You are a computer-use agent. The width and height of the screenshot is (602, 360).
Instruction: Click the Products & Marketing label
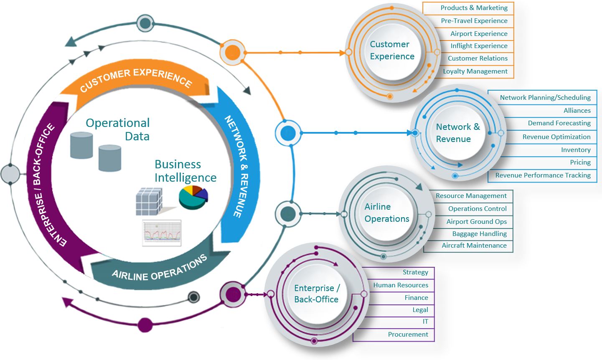[474, 8]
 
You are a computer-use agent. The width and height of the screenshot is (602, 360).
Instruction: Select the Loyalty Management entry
[475, 71]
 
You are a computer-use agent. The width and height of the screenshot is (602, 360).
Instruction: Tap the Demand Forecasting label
[559, 123]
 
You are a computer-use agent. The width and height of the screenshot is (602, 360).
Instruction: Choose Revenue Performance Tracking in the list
[543, 175]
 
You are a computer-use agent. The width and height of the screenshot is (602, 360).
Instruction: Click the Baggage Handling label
[479, 234]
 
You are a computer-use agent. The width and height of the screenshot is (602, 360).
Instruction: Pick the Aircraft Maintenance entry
[474, 246]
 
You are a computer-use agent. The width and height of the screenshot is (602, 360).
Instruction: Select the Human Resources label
[400, 285]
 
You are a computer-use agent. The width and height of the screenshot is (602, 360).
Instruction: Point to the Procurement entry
[408, 335]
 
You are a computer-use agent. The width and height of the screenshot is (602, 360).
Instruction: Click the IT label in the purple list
[425, 322]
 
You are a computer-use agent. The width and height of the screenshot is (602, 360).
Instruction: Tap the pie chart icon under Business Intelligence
[193, 198]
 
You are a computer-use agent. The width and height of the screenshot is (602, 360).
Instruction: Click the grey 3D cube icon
[149, 202]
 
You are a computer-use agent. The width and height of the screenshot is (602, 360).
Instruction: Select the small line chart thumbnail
[162, 233]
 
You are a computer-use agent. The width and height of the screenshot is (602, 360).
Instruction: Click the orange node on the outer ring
[232, 53]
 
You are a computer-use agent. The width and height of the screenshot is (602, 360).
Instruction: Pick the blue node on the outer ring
[288, 133]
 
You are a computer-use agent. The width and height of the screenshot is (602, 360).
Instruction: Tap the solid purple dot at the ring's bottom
[145, 325]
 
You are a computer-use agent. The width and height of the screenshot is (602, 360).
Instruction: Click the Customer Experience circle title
[391, 50]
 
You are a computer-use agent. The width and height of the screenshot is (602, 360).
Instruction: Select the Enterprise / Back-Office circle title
[316, 294]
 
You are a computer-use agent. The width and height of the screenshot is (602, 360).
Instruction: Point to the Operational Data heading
[118, 129]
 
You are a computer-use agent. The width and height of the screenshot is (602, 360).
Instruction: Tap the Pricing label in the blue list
[580, 162]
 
